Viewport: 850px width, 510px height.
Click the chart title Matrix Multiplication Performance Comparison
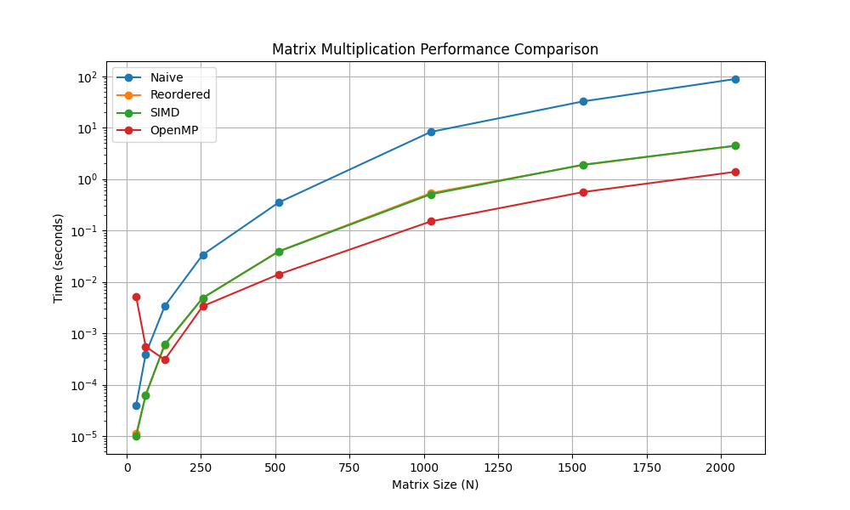point(434,49)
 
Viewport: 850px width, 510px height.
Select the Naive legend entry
point(166,77)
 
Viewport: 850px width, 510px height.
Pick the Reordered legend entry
point(179,94)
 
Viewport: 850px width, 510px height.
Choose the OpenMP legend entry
point(173,130)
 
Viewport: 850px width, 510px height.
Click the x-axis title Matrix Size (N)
point(434,484)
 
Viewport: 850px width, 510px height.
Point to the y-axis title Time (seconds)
point(59,258)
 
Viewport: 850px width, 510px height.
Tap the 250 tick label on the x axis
point(201,467)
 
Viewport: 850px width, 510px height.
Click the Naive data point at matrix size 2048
point(735,79)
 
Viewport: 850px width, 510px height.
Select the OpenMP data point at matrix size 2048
point(735,172)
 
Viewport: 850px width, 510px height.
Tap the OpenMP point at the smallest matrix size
point(136,297)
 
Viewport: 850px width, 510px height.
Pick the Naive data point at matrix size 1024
point(431,132)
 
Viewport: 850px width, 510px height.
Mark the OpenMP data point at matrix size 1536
point(583,192)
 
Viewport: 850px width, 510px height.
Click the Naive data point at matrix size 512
point(279,202)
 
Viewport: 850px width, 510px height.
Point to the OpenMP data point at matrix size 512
point(279,275)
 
